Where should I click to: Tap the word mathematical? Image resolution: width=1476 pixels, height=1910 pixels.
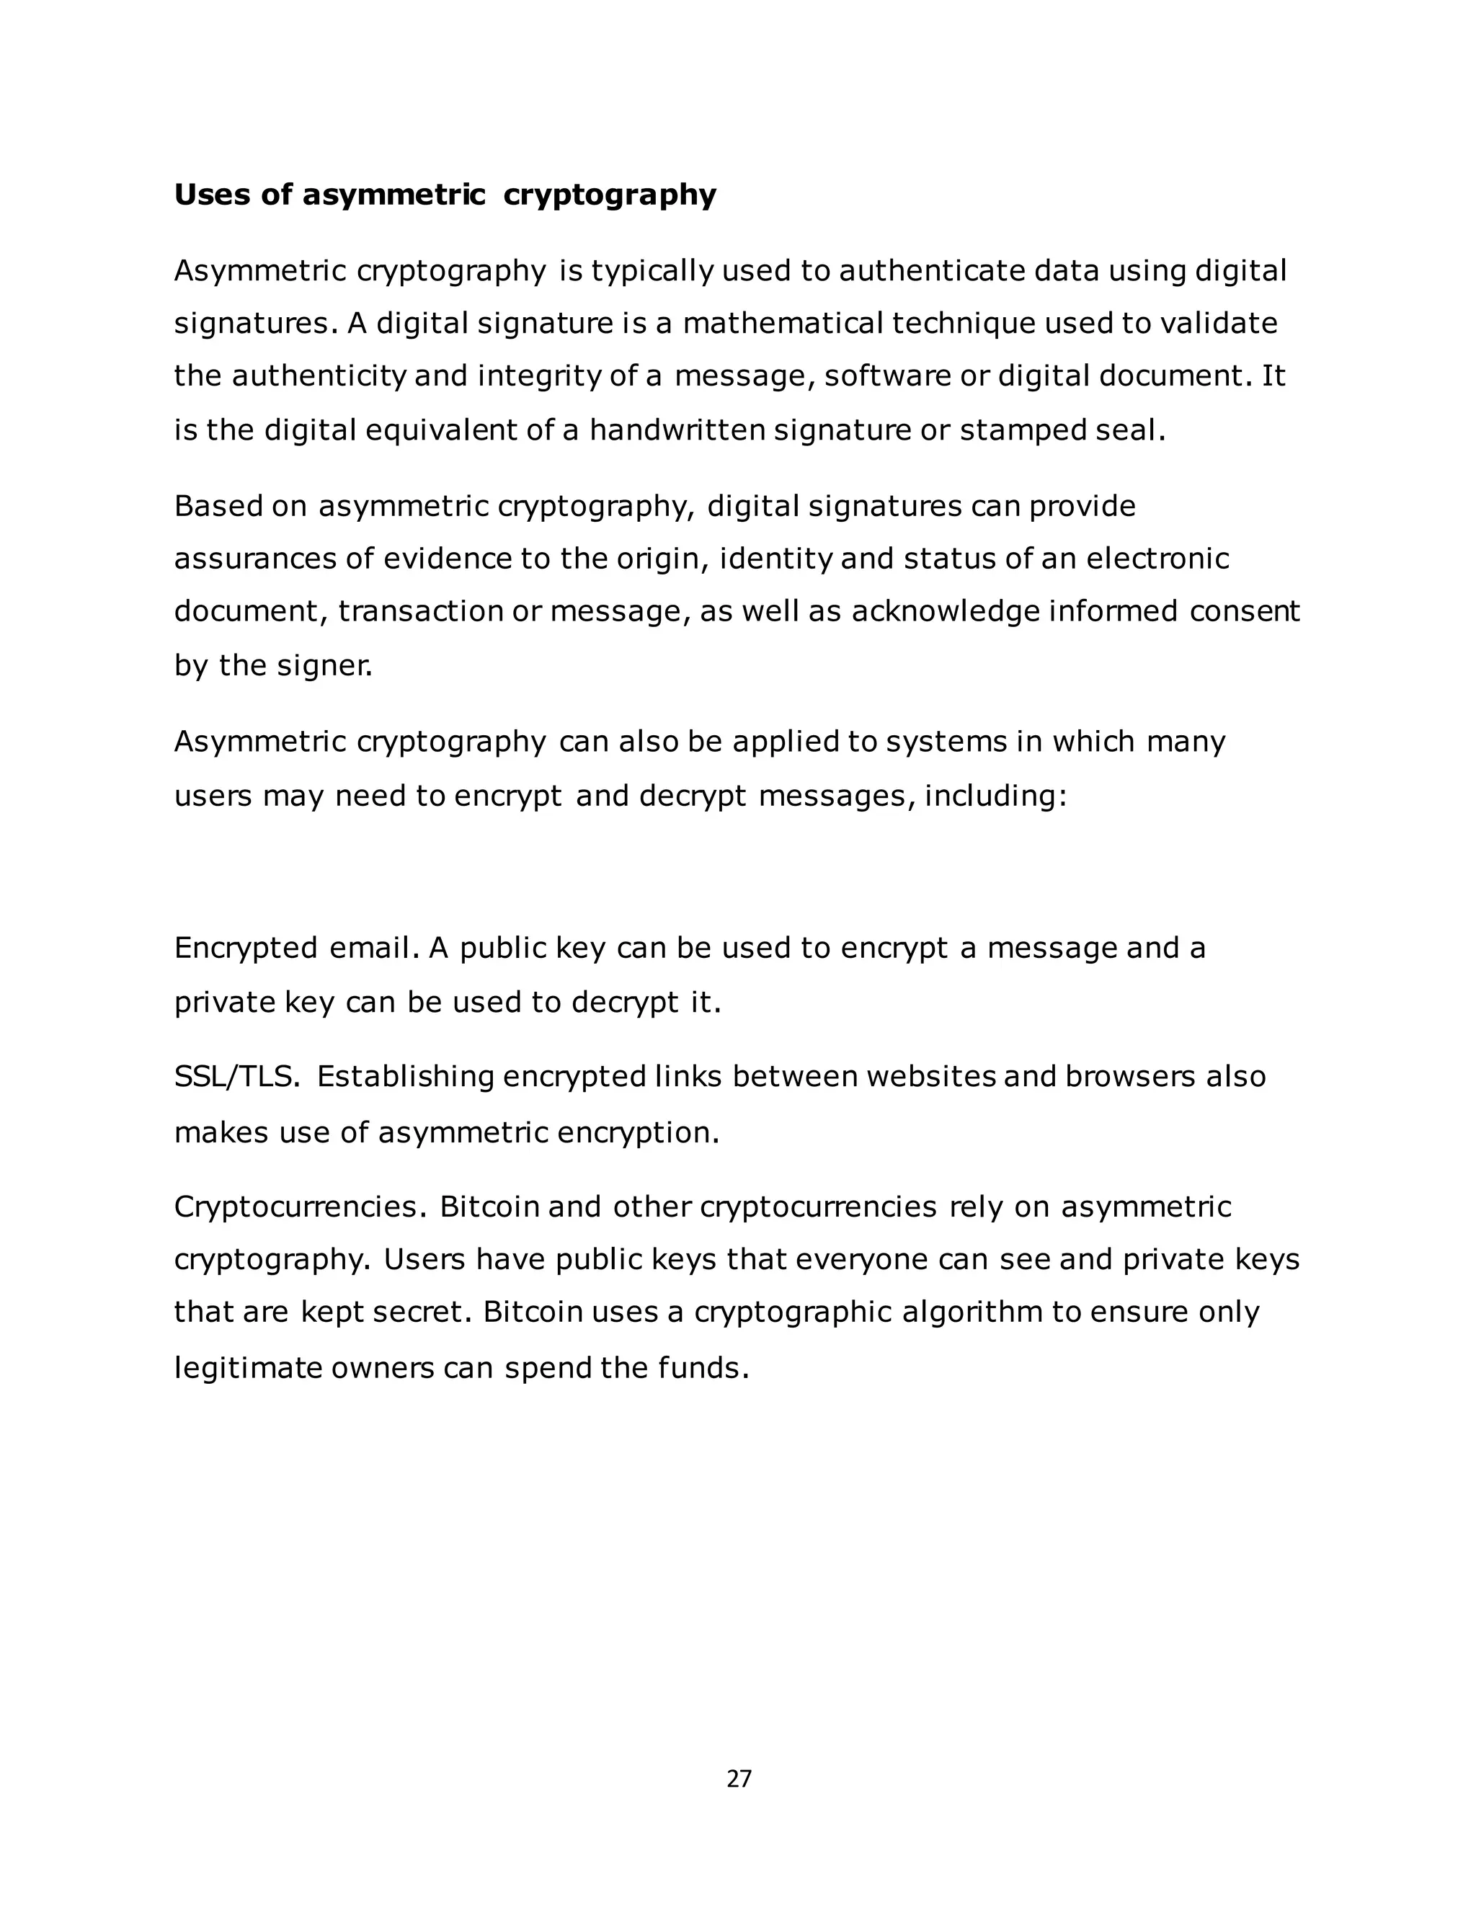click(x=783, y=324)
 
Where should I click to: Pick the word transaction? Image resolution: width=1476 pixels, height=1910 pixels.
click(x=421, y=610)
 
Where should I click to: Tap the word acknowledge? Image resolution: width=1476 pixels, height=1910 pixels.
click(x=946, y=610)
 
